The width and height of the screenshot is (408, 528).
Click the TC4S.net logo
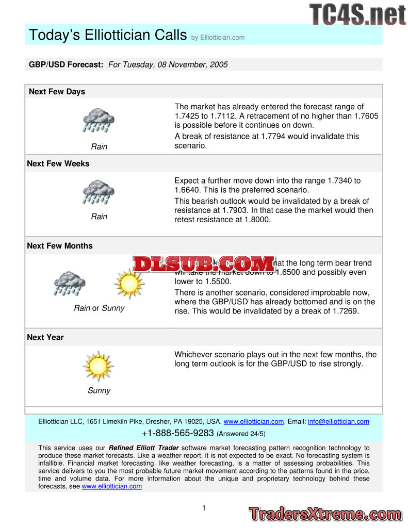pos(357,14)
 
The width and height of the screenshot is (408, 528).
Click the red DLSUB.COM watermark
pos(204,264)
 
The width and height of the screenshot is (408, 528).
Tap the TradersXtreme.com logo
pos(325,514)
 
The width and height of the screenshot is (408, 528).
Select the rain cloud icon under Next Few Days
pos(99,120)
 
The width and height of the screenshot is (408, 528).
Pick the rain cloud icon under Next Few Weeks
pos(99,192)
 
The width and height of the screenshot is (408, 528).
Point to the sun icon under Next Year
pos(98,366)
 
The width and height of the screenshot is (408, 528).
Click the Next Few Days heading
pos(57,92)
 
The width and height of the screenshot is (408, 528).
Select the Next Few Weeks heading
pos(58,163)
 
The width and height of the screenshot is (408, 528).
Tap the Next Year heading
pos(45,337)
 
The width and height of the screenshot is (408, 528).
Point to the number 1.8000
pos(253,220)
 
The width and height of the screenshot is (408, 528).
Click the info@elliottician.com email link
pos(338,422)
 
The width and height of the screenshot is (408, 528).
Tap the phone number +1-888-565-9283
pos(178,433)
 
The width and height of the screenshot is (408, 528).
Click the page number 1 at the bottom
pos(204,508)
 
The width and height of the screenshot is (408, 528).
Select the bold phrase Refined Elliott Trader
pos(144,448)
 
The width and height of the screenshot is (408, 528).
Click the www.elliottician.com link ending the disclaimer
pos(112,486)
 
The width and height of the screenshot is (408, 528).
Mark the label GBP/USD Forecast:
pos(66,64)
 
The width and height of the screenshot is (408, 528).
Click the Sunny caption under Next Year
pos(99,391)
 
